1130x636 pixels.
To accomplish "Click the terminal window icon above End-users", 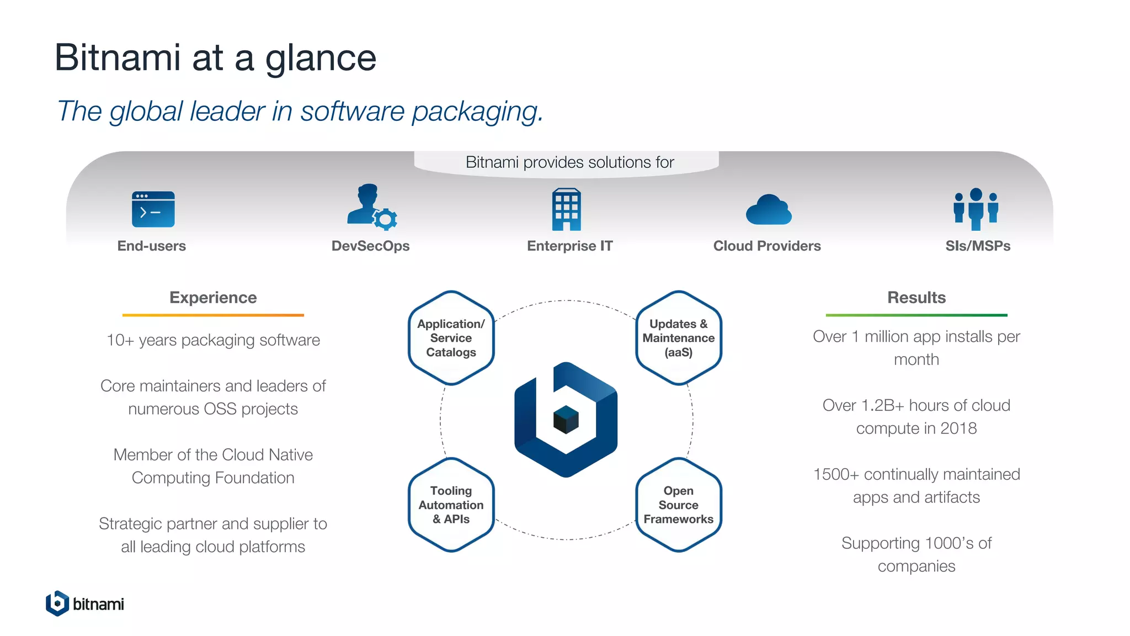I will click(x=153, y=209).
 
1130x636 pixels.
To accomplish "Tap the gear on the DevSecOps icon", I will click(x=385, y=219).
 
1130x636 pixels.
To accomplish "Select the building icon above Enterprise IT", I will click(x=566, y=209).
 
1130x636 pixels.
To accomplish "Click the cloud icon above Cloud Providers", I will click(x=768, y=210).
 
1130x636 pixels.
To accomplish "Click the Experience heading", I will click(x=213, y=298).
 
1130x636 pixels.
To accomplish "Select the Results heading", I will click(x=916, y=298).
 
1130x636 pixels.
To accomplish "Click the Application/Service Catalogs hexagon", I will click(x=451, y=338).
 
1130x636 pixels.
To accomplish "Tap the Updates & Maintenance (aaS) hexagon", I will click(x=678, y=338).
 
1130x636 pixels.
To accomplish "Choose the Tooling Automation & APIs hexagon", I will click(x=451, y=505).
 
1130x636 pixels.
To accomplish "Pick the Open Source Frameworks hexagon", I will click(x=678, y=505).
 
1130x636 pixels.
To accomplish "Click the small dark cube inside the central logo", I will click(x=566, y=419).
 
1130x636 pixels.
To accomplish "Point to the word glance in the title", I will click(x=321, y=58).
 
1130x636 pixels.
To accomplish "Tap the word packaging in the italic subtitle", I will click(x=477, y=111).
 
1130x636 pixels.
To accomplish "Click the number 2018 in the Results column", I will click(x=958, y=428).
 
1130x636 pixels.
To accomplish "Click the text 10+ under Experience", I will click(x=120, y=340).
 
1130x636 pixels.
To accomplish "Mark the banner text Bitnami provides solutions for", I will click(x=569, y=162).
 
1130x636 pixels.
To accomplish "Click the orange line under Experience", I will click(x=213, y=315).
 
